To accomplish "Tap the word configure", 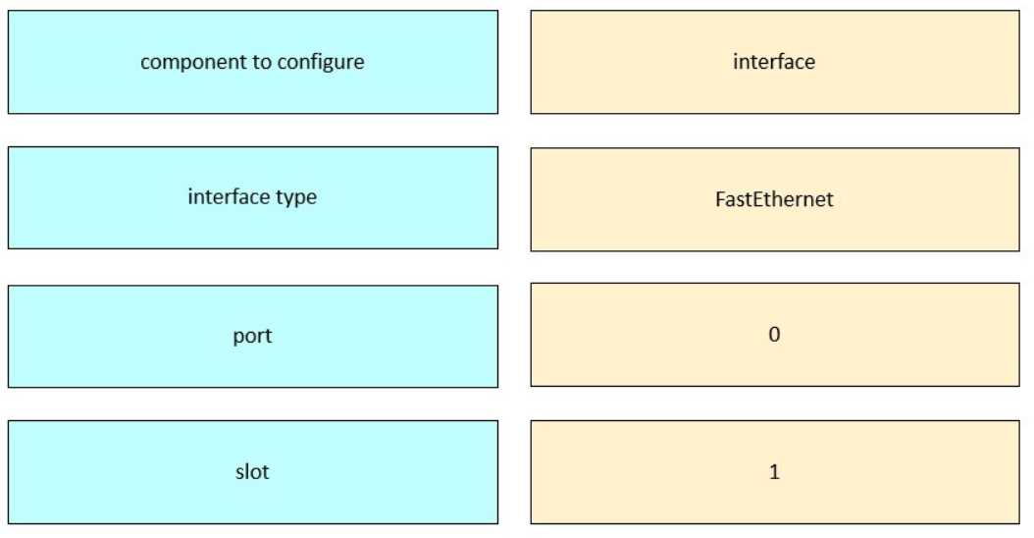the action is click(321, 63).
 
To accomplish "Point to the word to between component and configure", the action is click(262, 62).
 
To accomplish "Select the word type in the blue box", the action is click(296, 197).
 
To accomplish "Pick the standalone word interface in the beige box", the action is click(774, 62).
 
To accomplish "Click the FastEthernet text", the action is click(774, 198).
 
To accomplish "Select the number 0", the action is click(774, 334).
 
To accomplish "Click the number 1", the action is click(774, 471).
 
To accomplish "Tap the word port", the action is click(252, 336).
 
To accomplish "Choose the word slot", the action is click(252, 471).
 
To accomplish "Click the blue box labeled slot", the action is click(252, 472).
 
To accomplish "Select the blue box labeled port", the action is click(252, 336).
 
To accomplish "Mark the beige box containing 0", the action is click(775, 335).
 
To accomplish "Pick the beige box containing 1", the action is click(775, 472).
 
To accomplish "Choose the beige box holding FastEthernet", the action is click(775, 199).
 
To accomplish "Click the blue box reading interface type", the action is click(252, 197).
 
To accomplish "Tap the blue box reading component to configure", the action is click(252, 62).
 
